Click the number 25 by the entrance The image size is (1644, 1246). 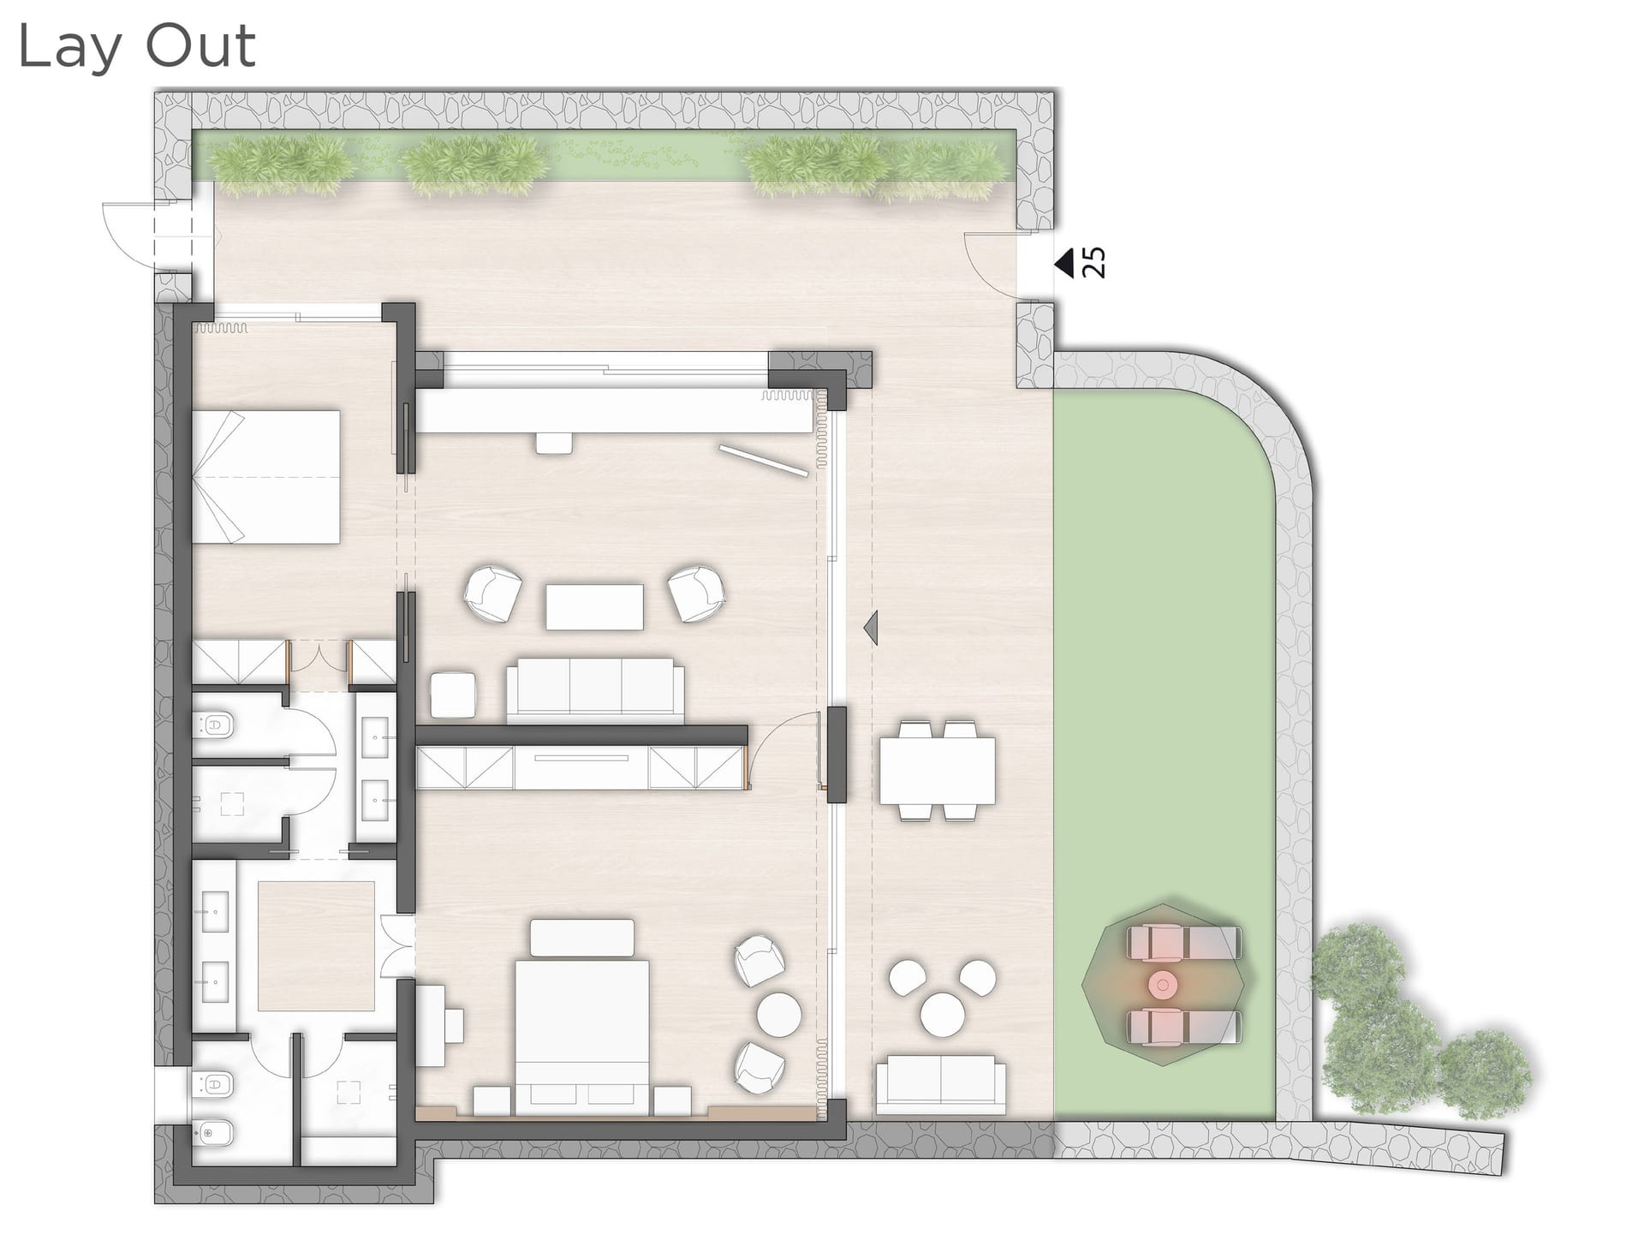(1094, 263)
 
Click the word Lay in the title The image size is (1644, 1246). (68, 47)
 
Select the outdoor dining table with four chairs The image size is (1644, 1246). (937, 770)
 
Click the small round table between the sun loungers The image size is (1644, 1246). (1162, 985)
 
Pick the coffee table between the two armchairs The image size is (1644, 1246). (594, 607)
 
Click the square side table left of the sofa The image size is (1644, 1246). (453, 695)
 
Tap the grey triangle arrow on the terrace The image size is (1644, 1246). (872, 627)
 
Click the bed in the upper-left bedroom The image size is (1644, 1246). (265, 476)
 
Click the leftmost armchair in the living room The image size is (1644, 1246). (492, 593)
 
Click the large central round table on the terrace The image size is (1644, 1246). (943, 1015)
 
